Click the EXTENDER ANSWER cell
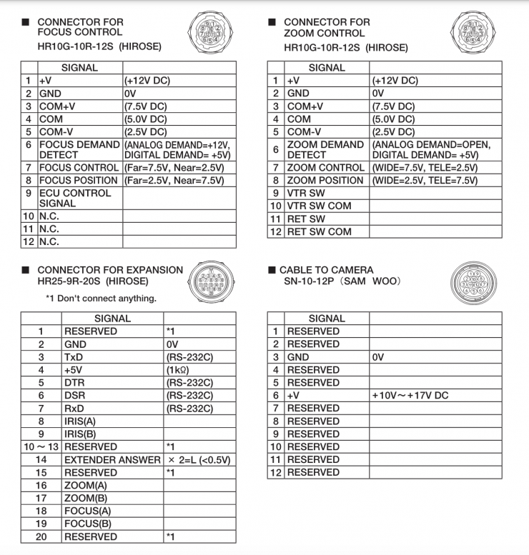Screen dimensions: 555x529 (112, 460)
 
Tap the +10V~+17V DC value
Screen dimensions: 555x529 (410, 396)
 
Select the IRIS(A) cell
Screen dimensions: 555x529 (81, 421)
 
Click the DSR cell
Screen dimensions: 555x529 (75, 396)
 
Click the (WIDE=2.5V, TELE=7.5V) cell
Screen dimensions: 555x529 (425, 180)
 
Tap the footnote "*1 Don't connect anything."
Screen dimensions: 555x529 (101, 298)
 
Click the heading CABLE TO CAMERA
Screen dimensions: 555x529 (327, 270)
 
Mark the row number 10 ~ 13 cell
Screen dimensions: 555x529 (41, 447)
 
